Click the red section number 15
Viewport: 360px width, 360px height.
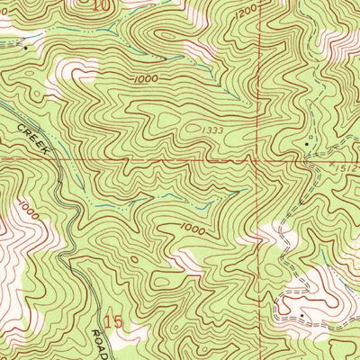point(111,320)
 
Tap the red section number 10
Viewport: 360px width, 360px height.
point(104,6)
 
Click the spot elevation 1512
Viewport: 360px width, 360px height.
point(349,167)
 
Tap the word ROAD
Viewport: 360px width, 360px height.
point(102,341)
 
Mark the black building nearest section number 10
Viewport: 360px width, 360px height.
point(26,46)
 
